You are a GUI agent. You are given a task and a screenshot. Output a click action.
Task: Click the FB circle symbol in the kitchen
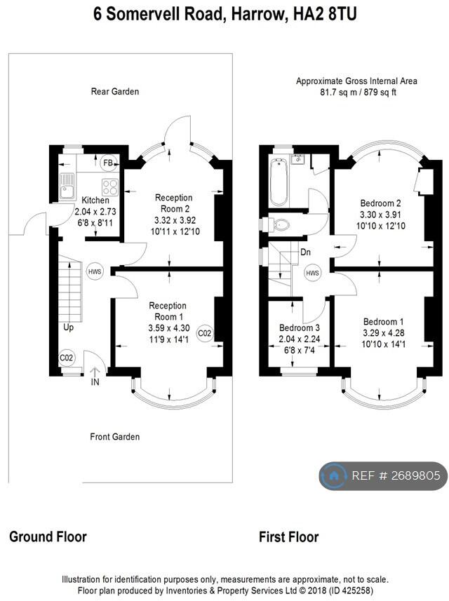pos(108,163)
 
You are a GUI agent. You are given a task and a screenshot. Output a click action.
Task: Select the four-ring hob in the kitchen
pos(109,187)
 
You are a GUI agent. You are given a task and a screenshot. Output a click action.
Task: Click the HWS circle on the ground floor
pos(94,272)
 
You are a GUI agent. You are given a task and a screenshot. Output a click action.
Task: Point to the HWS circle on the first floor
pos(312,273)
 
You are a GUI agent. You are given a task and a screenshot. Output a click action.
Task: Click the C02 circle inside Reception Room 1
pos(204,333)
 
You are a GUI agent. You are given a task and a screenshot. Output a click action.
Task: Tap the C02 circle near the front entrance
pos(67,358)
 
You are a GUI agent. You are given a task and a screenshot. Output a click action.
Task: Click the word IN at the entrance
pos(95,381)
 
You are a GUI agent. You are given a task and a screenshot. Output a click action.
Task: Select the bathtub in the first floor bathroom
pos(279,182)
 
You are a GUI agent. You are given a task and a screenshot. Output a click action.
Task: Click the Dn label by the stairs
pos(306,252)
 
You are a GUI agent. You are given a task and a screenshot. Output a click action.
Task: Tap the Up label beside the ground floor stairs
pos(68,327)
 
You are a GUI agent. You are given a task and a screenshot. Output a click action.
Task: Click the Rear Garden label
pos(114,92)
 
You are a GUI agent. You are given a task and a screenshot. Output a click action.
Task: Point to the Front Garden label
pos(114,437)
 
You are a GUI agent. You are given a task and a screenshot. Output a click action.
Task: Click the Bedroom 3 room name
pos(299,327)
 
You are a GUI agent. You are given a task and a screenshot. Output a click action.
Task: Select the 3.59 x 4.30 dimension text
pos(168,328)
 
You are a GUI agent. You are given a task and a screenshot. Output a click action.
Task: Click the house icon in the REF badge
pos(334,475)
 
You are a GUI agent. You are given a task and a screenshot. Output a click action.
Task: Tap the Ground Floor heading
pos(48,536)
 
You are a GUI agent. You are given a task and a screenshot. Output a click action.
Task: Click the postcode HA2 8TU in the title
pos(325,14)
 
